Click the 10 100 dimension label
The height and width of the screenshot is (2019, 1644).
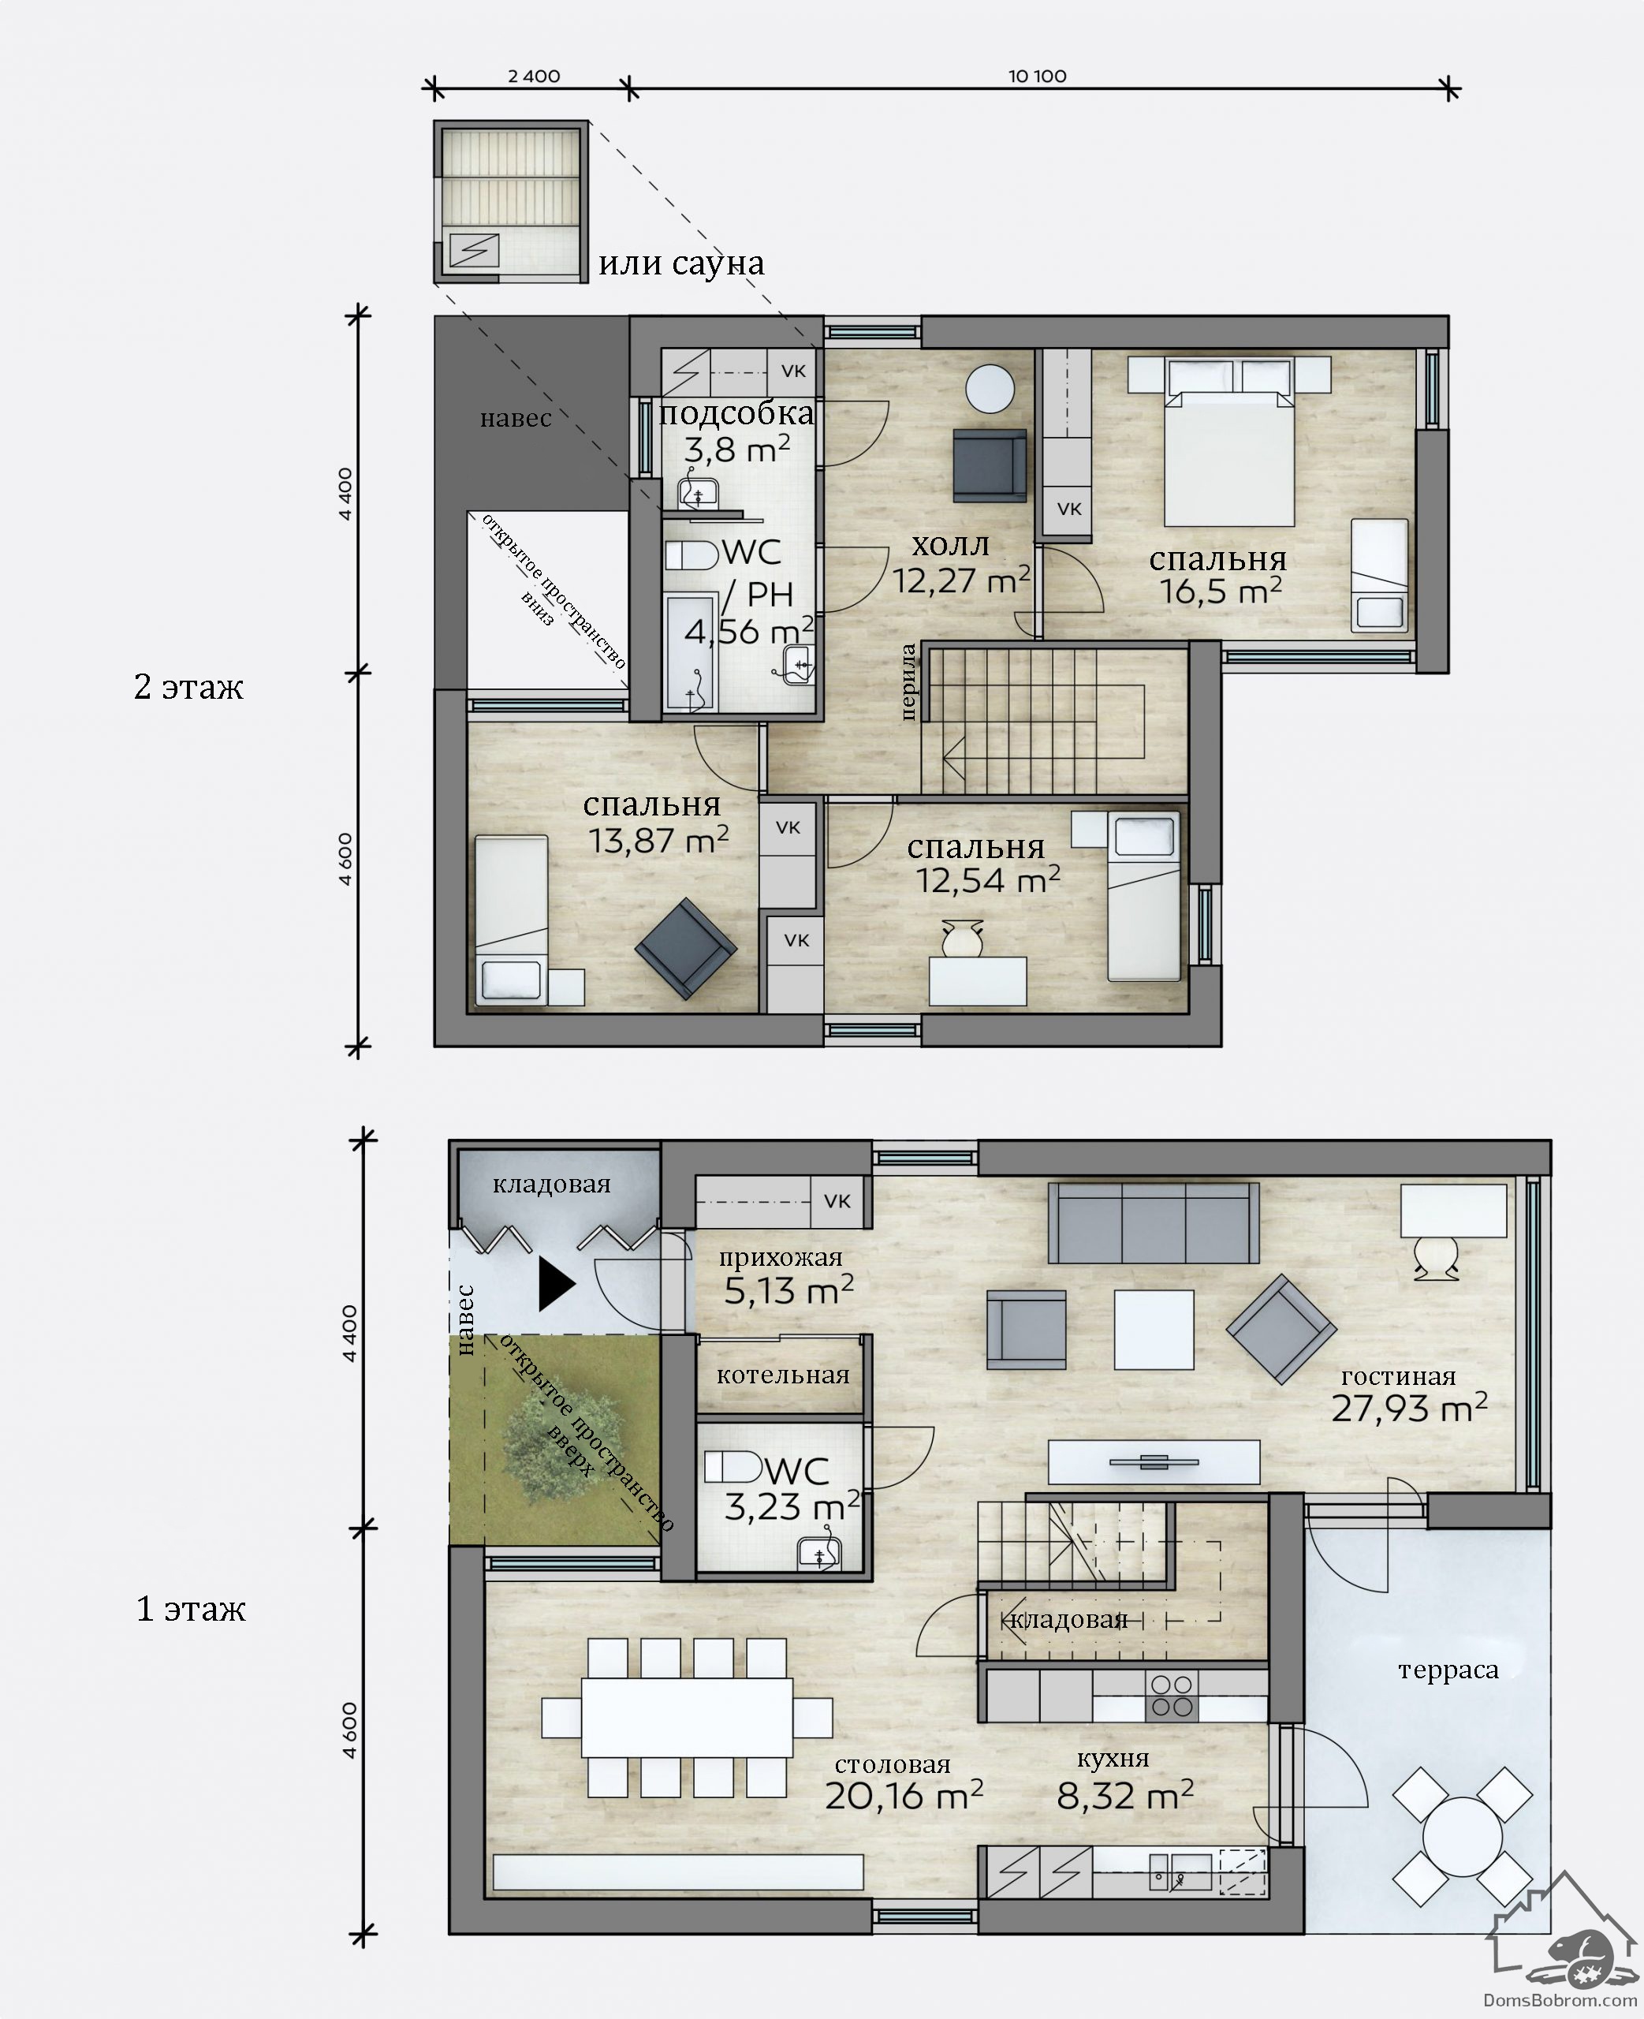(1037, 76)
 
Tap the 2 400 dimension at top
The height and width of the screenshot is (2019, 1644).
(534, 76)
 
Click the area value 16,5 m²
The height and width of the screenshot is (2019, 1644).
(1221, 591)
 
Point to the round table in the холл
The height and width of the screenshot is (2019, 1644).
(990, 390)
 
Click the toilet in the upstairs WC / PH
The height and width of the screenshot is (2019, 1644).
(692, 555)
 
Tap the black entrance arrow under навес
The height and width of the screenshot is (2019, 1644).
(557, 1284)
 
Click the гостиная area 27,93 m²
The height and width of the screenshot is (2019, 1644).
(1409, 1409)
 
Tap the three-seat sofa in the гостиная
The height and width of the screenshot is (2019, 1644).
(1154, 1222)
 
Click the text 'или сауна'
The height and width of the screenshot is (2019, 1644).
(681, 263)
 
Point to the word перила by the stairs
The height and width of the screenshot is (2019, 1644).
(908, 682)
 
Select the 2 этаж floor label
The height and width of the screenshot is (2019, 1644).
(188, 687)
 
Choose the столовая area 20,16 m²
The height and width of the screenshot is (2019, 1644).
(904, 1794)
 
